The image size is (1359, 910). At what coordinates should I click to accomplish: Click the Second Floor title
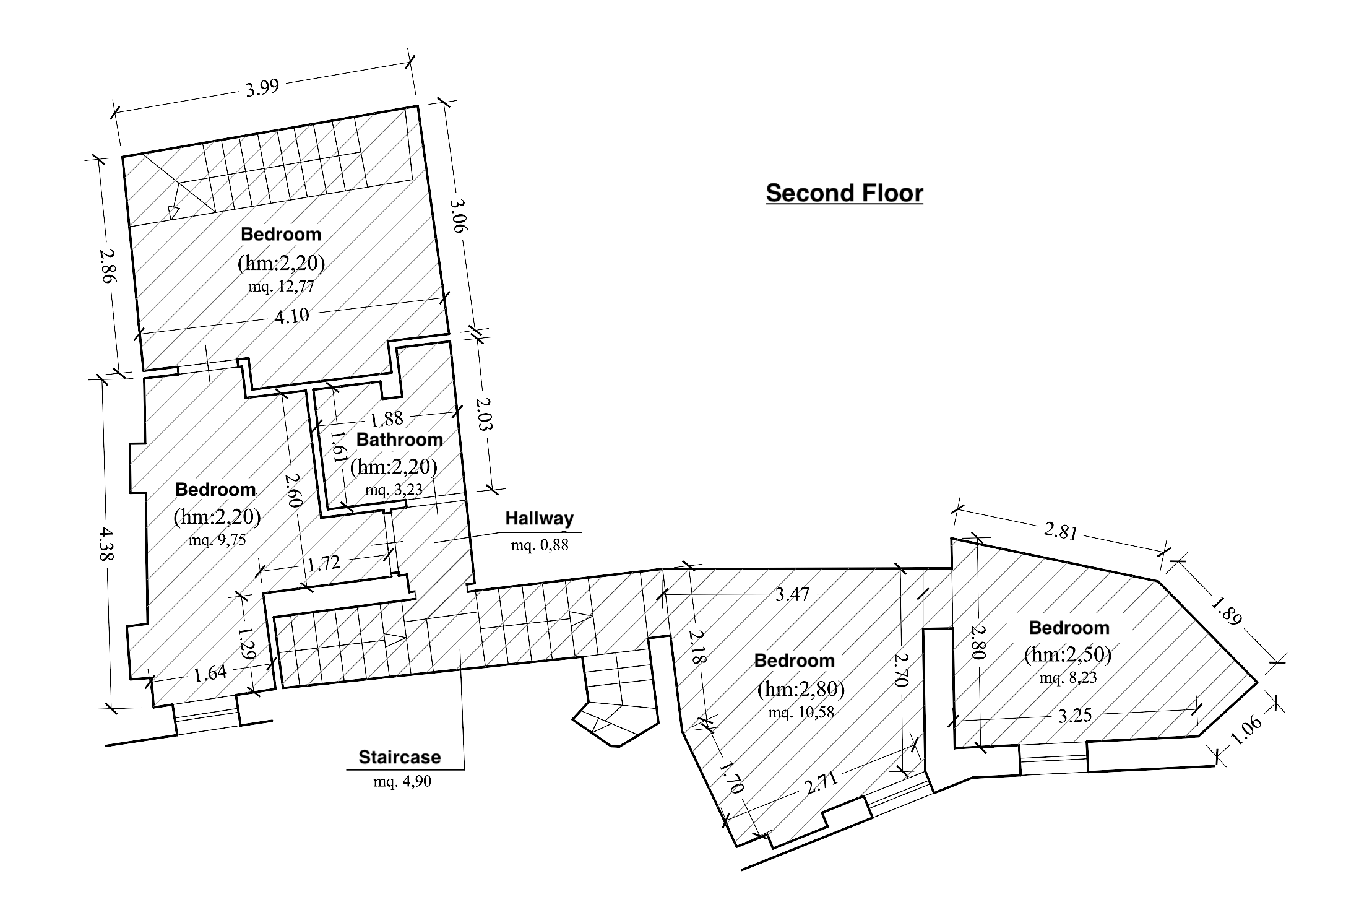point(844,193)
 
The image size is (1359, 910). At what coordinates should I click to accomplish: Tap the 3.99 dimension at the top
point(262,87)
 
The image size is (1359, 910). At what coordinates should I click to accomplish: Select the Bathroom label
point(400,440)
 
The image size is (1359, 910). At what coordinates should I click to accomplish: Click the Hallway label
point(539,518)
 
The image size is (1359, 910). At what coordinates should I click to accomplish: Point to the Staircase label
point(400,757)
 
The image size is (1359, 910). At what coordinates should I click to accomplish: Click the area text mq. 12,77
point(281,287)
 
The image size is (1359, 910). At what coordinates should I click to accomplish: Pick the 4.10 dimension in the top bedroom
point(291,316)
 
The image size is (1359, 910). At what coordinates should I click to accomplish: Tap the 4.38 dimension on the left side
point(106,544)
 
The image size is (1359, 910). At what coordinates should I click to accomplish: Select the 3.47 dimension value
point(792,595)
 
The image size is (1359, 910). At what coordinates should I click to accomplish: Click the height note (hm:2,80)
point(801,688)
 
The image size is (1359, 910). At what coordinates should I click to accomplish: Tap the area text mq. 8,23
point(1068,677)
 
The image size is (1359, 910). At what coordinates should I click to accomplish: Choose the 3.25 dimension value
point(1075,716)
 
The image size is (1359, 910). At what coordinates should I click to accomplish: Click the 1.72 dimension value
point(324,563)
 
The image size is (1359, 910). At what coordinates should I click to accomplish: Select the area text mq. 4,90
point(402,781)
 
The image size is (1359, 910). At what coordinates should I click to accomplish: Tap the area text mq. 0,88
point(540,545)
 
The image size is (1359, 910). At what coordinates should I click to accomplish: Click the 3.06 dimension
point(459,215)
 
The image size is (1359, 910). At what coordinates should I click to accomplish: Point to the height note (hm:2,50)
point(1068,655)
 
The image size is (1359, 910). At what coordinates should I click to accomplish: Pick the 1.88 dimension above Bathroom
point(387,419)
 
